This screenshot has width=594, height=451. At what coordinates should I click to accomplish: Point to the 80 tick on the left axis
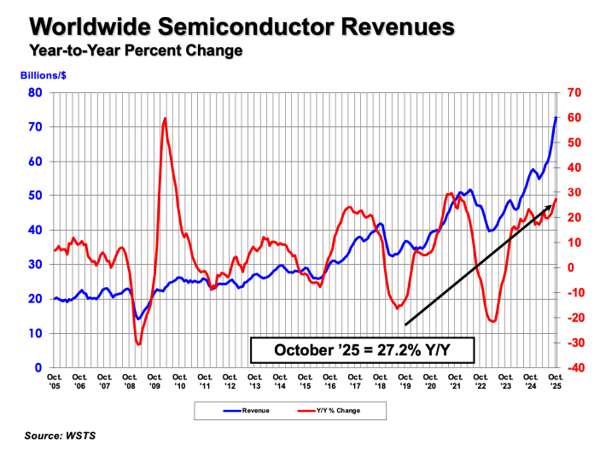tap(37, 92)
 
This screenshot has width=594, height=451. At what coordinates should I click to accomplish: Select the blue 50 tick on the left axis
tap(37, 196)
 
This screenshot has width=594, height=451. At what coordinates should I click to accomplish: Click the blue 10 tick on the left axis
tap(37, 333)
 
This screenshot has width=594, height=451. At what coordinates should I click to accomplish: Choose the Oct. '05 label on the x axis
tap(54, 381)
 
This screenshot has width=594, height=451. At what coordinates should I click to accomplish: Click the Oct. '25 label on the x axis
tap(556, 381)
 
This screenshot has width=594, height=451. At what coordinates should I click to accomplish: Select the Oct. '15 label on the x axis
tap(305, 381)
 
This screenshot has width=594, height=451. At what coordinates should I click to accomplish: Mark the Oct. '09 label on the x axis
tap(154, 381)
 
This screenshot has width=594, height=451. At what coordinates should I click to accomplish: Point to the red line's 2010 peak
tap(164, 119)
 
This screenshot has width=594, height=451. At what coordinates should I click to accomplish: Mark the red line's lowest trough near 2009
tap(138, 344)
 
